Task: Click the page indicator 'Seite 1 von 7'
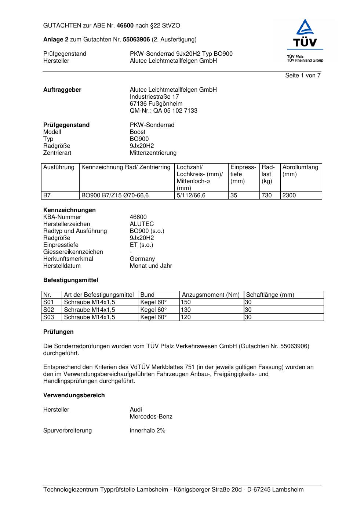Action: point(303,76)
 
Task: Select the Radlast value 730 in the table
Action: point(266,196)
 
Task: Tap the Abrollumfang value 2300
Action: point(289,196)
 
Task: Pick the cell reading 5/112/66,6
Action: point(191,196)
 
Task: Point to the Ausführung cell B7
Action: point(47,196)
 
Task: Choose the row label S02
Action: point(48,310)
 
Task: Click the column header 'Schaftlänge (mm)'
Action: point(270,295)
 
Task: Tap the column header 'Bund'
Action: point(148,295)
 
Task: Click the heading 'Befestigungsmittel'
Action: point(70,280)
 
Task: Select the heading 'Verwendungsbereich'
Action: point(74,395)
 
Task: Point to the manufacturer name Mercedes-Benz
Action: point(151,417)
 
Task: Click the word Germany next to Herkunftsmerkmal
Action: point(142,259)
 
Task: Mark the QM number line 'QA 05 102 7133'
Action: point(163,111)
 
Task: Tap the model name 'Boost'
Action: point(138,132)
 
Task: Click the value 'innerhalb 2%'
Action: point(148,431)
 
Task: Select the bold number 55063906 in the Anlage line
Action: point(136,40)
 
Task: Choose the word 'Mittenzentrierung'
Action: point(153,153)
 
